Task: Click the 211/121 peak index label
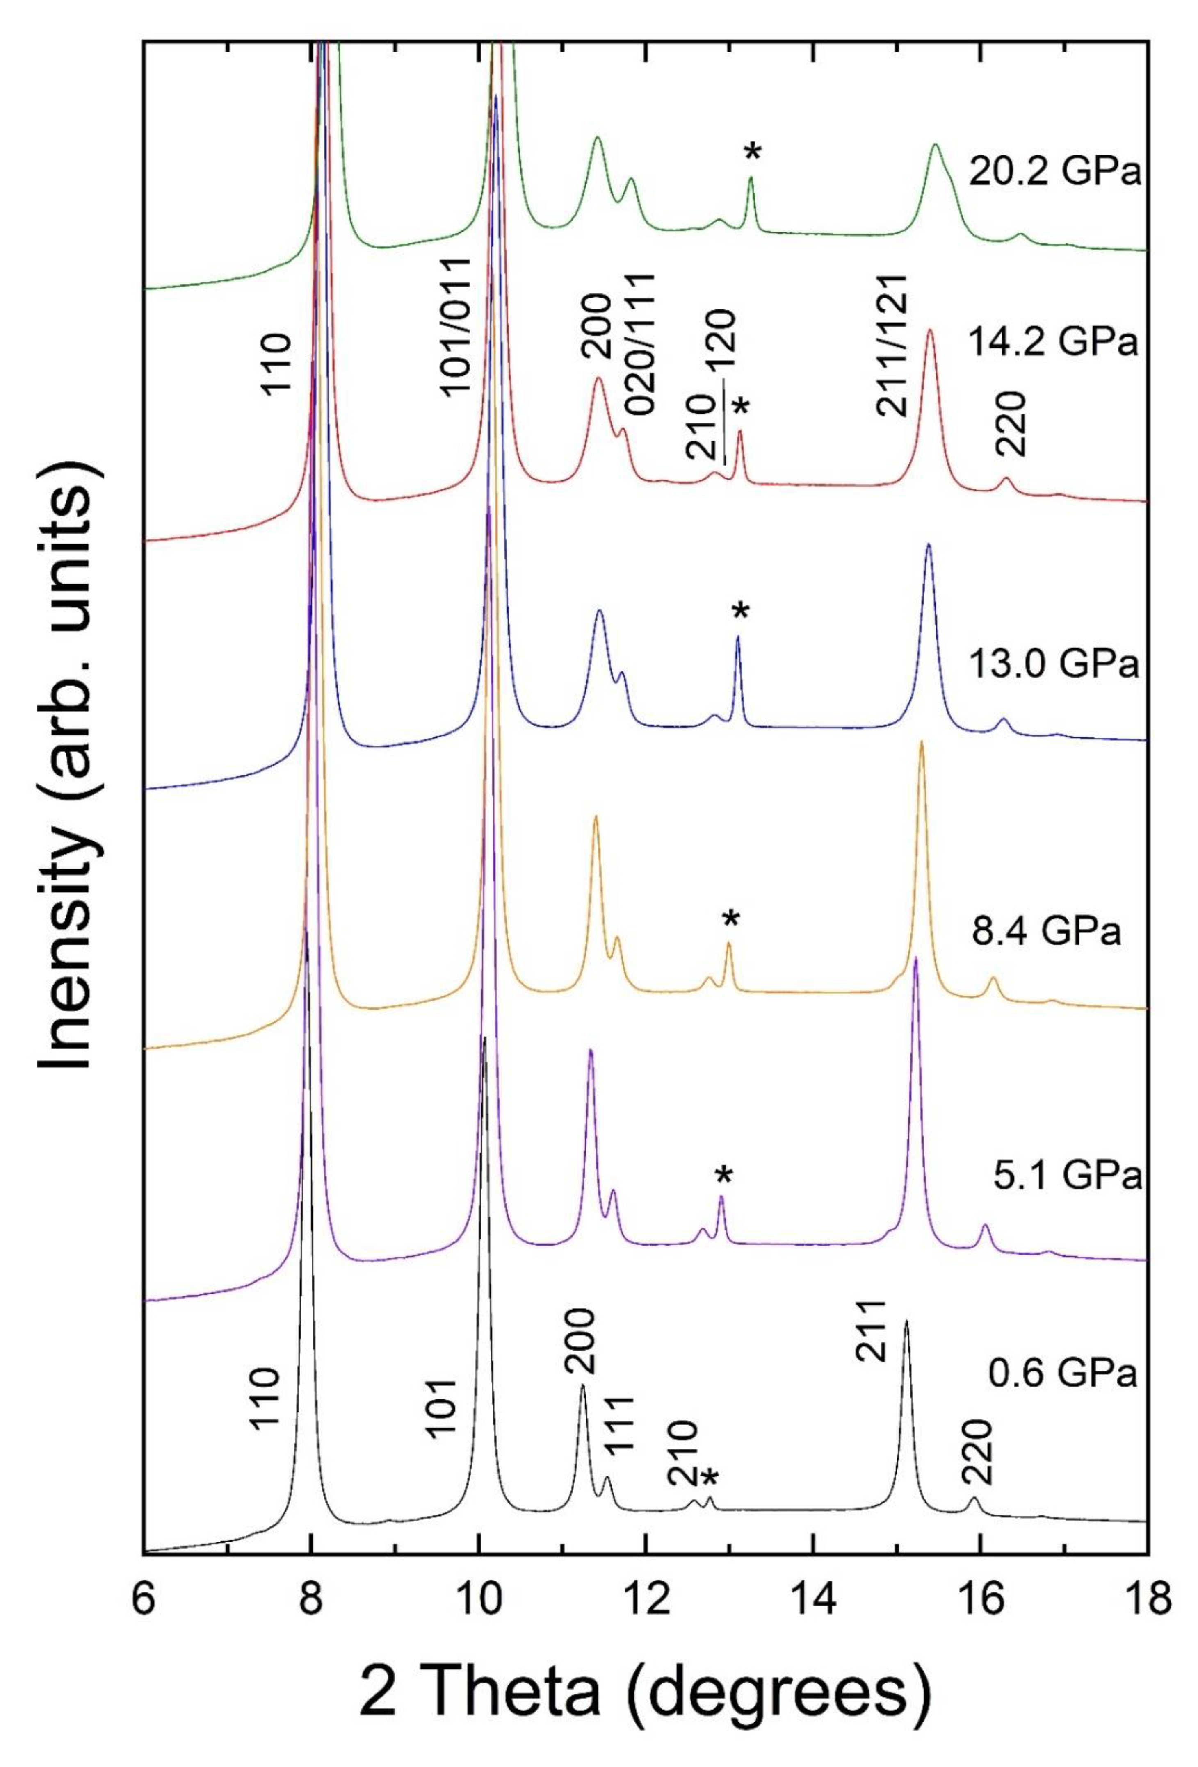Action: point(892,355)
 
